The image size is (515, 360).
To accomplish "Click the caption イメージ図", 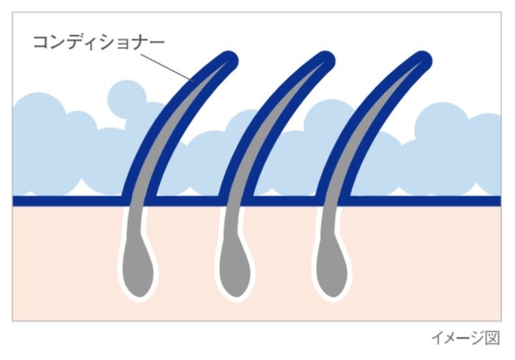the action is tap(465, 339).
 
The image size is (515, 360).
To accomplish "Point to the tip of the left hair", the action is tap(228, 61).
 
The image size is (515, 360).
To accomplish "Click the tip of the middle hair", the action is tap(326, 61).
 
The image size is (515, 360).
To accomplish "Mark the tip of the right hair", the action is tap(421, 61).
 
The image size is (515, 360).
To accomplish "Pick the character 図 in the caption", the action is tap(492, 339).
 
